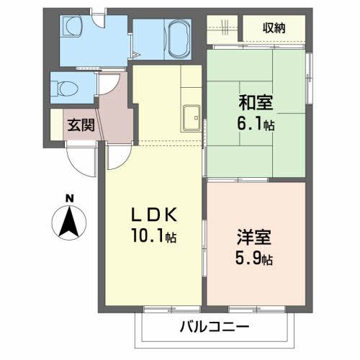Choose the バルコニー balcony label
[x=215, y=327]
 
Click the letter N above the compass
[x=70, y=197]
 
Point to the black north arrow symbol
[x=70, y=221]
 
